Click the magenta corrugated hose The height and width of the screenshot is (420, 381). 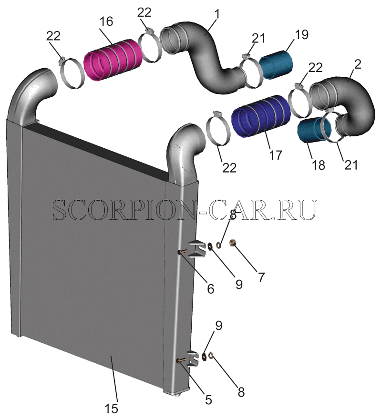point(113,59)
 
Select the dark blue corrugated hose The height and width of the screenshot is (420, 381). point(261,116)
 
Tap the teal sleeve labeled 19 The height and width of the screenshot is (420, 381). point(276,64)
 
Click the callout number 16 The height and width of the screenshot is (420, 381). point(106,22)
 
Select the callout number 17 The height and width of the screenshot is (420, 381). point(276,155)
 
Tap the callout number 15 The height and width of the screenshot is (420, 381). point(111,409)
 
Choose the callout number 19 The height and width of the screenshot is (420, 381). point(302,35)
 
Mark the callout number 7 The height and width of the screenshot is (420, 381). point(261,277)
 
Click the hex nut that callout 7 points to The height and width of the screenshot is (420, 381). point(233,243)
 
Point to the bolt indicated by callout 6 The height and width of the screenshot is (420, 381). point(183,252)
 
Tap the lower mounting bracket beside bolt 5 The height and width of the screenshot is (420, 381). point(194,359)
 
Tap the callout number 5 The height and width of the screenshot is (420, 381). point(208,400)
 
